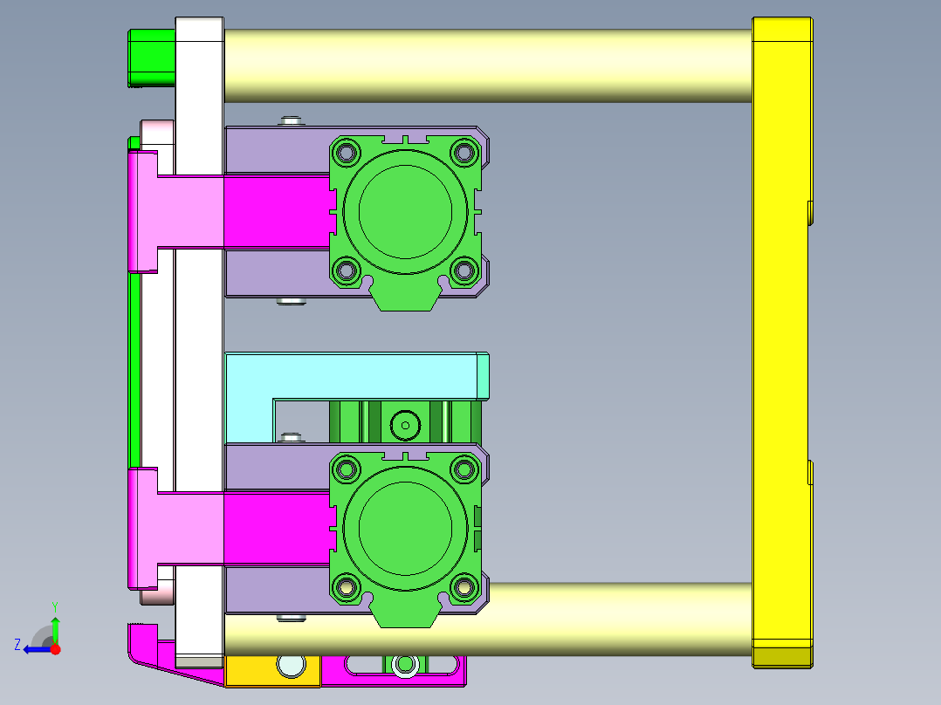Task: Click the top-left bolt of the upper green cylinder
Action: pos(347,154)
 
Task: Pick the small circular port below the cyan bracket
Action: pos(405,426)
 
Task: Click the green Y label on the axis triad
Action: pos(55,606)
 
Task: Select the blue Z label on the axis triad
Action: pos(17,645)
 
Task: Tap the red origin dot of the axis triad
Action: pos(56,648)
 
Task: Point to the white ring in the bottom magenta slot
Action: pos(403,666)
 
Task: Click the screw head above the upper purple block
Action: pos(290,120)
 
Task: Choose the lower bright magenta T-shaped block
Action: pos(262,527)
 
